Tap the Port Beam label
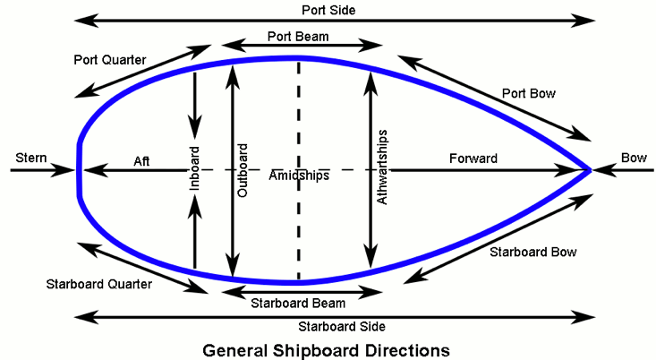click(298, 36)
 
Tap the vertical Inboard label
click(195, 168)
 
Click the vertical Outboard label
click(242, 168)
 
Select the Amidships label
click(299, 176)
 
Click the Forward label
click(473, 159)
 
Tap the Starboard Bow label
click(532, 253)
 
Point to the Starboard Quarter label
click(98, 284)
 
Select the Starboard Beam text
click(298, 302)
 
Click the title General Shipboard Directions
click(326, 347)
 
